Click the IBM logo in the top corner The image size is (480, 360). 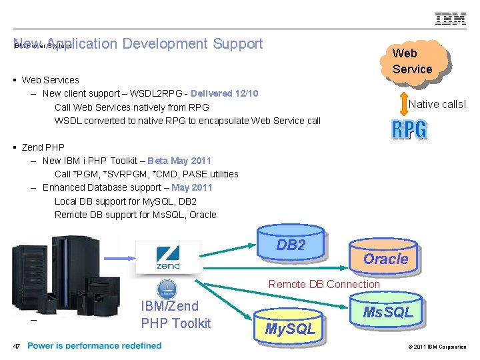tap(451, 19)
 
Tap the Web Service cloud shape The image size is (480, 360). tap(412, 61)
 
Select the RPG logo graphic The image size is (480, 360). tap(409, 129)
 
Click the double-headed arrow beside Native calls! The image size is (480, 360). tap(401, 104)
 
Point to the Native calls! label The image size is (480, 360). tap(437, 104)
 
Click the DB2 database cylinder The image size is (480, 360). tap(291, 246)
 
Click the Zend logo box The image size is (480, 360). tap(168, 257)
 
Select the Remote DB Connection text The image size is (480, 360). tap(324, 284)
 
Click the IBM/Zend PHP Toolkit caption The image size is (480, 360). tap(176, 315)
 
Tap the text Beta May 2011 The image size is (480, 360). tap(179, 161)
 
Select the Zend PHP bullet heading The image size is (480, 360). tap(43, 147)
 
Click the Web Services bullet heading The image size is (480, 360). tap(50, 80)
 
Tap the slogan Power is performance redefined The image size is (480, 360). tap(95, 346)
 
